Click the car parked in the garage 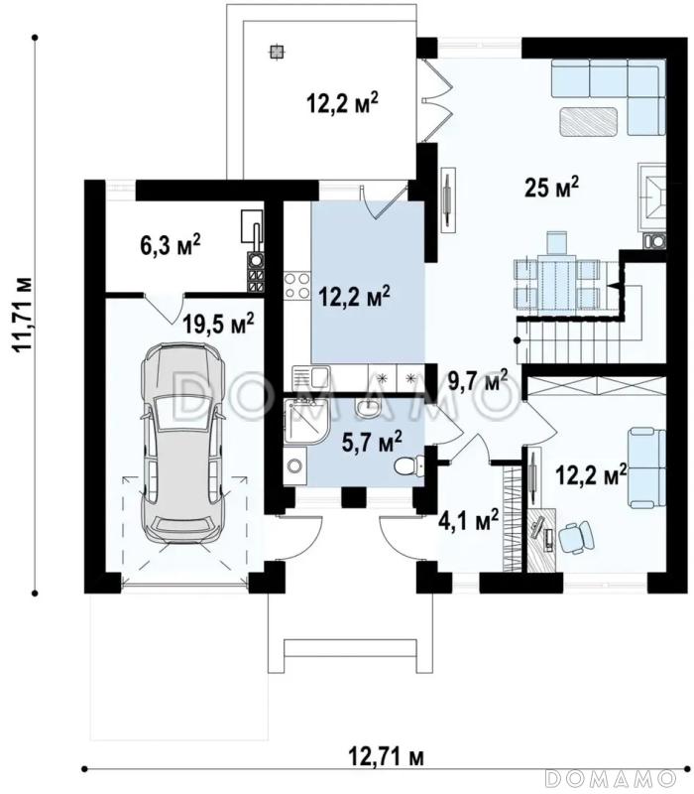click(x=182, y=443)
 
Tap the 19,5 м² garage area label click(x=218, y=325)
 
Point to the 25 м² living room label click(x=551, y=188)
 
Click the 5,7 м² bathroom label click(x=373, y=442)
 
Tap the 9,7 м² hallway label click(x=478, y=380)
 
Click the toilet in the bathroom click(x=408, y=465)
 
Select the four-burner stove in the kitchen click(x=296, y=286)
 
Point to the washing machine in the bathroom click(x=294, y=465)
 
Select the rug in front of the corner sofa click(x=589, y=122)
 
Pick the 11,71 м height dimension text click(x=23, y=315)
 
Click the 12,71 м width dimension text click(x=386, y=757)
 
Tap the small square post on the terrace click(x=277, y=52)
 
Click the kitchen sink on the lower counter click(x=311, y=377)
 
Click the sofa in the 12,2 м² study click(x=646, y=467)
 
